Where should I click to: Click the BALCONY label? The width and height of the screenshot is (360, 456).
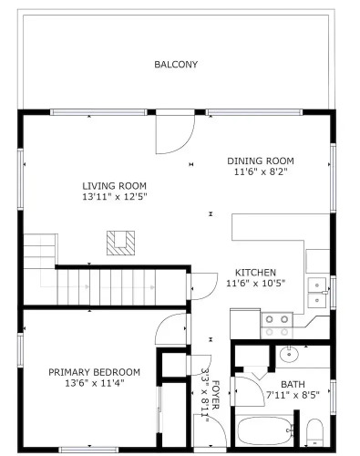[176, 65]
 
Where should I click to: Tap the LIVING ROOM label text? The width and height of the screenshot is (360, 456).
[115, 186]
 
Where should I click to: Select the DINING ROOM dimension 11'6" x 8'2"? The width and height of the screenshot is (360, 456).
[261, 171]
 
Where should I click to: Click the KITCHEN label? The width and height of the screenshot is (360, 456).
[256, 272]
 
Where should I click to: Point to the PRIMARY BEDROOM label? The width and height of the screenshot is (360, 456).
[95, 372]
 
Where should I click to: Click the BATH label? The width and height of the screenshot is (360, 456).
[293, 384]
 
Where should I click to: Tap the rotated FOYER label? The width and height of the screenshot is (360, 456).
[215, 395]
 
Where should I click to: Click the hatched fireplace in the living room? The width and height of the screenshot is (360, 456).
[120, 243]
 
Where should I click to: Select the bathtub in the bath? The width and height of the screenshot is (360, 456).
[265, 431]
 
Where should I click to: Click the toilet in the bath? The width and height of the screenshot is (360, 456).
[314, 432]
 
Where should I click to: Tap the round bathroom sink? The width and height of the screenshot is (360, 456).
[289, 354]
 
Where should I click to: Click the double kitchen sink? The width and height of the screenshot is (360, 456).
[317, 293]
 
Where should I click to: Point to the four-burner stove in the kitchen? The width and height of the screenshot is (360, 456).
[277, 326]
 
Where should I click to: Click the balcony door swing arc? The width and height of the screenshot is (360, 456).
[188, 141]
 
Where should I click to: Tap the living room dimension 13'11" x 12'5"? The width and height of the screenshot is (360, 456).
[115, 197]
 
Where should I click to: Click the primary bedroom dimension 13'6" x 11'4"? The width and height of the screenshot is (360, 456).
[95, 383]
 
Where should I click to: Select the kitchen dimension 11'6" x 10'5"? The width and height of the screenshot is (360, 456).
[256, 283]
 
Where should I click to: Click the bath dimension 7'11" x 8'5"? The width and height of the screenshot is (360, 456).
[293, 395]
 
